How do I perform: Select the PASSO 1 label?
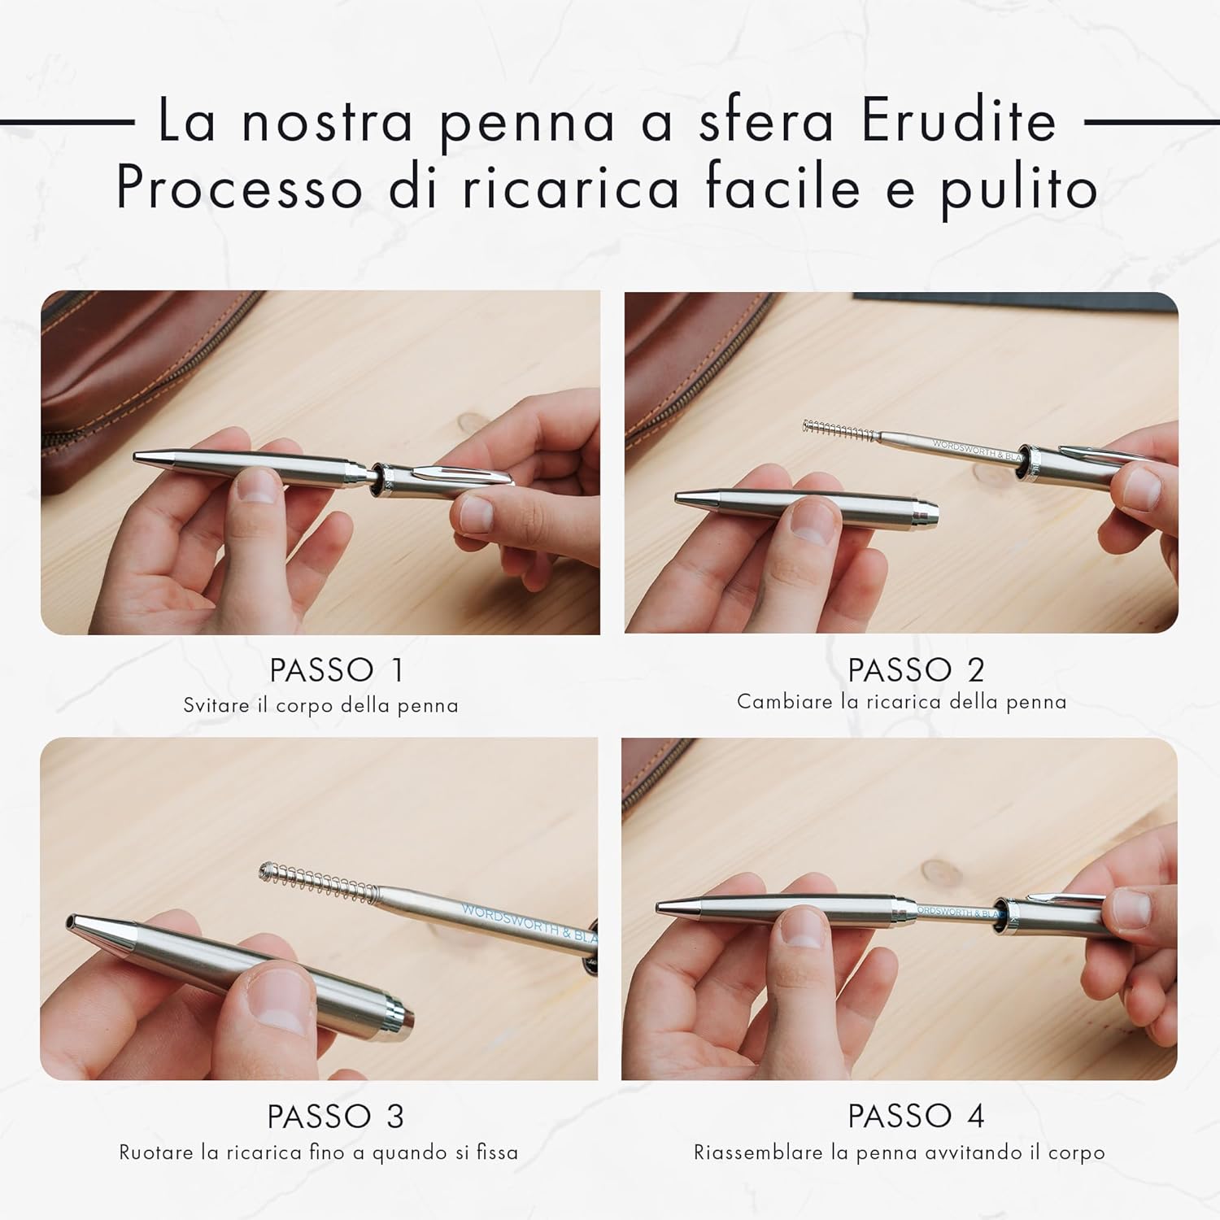337,670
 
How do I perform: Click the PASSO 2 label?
916,670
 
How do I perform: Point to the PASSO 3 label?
336,1117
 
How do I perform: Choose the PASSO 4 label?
916,1116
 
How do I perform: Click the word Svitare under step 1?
216,705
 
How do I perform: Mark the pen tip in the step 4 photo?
661,906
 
